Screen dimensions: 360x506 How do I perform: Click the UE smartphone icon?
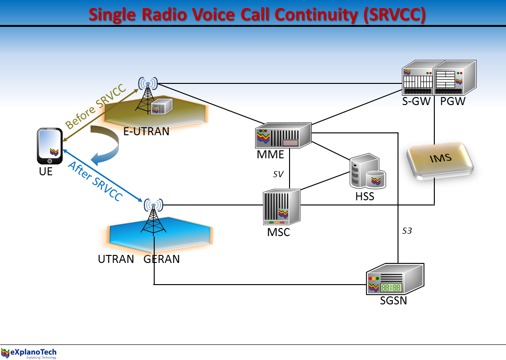click(50, 147)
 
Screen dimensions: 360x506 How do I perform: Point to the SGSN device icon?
click(395, 279)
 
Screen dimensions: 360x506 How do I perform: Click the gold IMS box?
click(440, 160)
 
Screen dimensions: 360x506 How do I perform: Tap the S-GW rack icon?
click(417, 78)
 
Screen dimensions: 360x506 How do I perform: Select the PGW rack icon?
click(454, 78)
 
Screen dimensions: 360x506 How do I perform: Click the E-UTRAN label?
click(146, 131)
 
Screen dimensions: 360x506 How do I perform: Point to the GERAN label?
click(162, 259)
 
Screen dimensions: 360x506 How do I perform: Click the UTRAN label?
click(116, 259)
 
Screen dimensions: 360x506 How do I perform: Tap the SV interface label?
click(278, 174)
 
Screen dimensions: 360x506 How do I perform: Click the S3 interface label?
click(407, 231)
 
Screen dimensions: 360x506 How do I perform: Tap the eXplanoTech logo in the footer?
click(29, 352)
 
